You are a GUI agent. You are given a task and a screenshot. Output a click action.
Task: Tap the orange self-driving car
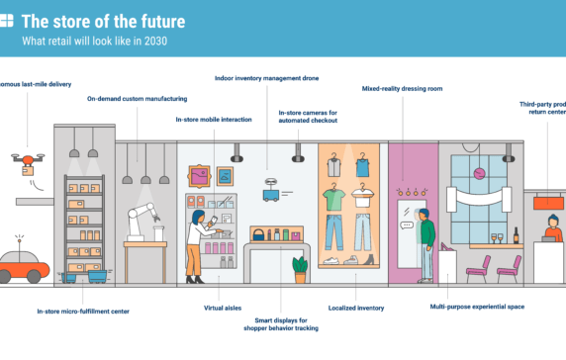coord(22,265)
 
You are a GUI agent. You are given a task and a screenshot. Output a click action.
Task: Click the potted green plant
coord(299,268)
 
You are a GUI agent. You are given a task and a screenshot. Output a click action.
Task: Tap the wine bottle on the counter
coord(515,235)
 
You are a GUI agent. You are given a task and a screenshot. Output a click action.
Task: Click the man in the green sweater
coord(426,241)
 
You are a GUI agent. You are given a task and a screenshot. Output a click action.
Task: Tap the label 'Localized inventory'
coord(356,308)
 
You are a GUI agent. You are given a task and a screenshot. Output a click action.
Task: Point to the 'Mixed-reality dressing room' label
coord(403,88)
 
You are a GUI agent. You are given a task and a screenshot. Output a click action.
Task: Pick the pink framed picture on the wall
coord(202,175)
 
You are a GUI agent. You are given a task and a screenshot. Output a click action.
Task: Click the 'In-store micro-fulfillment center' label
coord(83,312)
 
